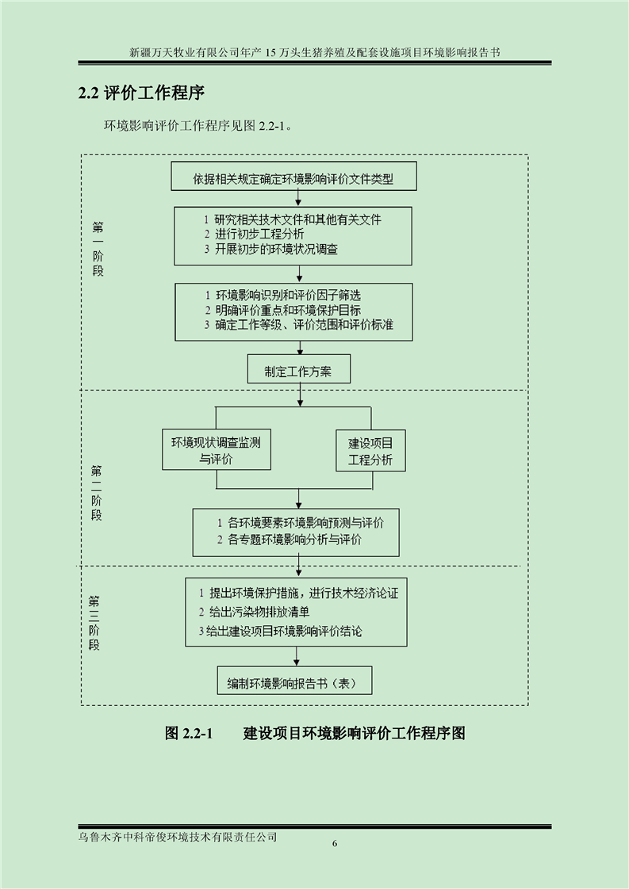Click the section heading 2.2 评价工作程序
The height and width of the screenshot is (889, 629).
click(x=140, y=93)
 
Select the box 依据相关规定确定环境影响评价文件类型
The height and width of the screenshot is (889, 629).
click(x=293, y=177)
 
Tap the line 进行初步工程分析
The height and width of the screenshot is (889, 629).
click(x=255, y=235)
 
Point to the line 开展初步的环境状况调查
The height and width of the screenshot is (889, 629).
click(x=270, y=249)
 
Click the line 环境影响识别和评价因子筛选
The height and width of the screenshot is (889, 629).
click(x=282, y=296)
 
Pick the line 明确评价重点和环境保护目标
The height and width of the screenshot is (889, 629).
click(x=282, y=310)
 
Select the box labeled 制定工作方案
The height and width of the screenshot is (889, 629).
click(x=298, y=369)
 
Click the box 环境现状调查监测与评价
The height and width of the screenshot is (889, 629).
click(x=217, y=449)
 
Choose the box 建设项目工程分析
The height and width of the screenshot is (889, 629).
click(x=370, y=451)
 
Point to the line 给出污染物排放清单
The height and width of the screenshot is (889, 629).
click(x=254, y=612)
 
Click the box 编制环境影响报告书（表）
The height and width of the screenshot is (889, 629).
click(x=295, y=681)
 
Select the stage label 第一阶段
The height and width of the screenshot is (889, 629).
click(x=98, y=249)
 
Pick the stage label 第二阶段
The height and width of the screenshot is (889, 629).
click(x=97, y=493)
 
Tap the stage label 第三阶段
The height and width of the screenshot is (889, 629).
click(x=94, y=623)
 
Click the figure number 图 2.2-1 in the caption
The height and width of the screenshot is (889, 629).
click(x=189, y=733)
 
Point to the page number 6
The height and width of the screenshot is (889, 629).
click(x=335, y=844)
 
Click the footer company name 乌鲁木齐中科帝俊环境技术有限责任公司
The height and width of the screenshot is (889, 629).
click(x=178, y=837)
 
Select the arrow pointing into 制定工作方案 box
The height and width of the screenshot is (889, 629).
click(x=300, y=348)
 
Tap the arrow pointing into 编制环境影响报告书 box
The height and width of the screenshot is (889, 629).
click(x=296, y=656)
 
